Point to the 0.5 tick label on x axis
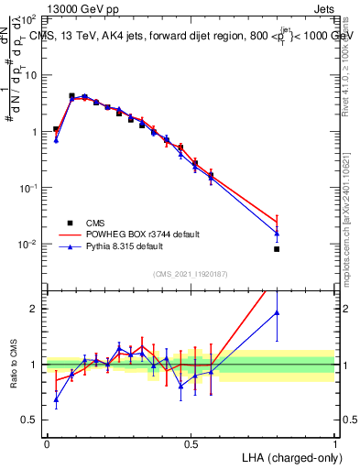click(191, 442)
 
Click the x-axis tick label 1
click(335, 442)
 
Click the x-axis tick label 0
click(47, 442)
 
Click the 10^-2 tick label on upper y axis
click(27, 245)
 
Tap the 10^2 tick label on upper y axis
click(28, 19)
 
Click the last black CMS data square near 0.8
click(277, 249)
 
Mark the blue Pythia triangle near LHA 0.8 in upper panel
click(277, 233)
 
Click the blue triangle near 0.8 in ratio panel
click(277, 313)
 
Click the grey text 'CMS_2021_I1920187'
click(191, 274)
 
